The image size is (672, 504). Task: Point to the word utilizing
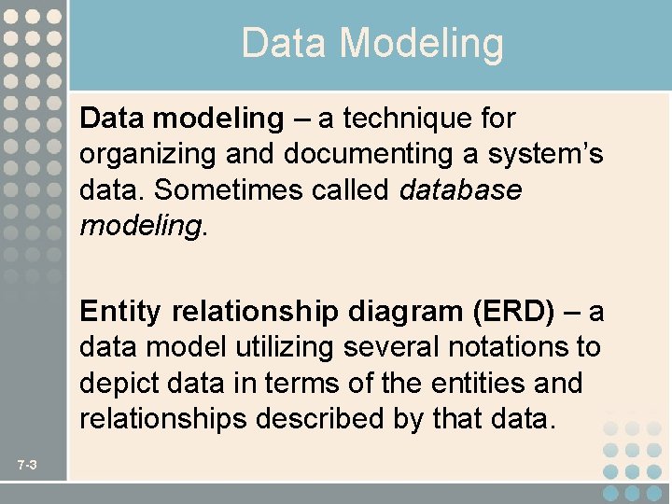284,347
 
